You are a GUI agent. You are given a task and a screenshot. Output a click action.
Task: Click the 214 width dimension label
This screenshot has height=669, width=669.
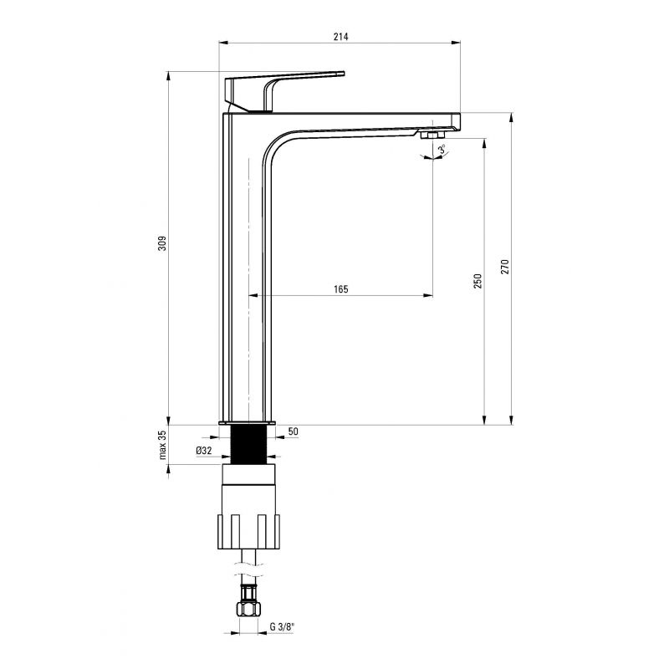pos(340,37)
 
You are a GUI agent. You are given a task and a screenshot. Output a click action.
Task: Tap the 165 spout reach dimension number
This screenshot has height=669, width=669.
pos(341,289)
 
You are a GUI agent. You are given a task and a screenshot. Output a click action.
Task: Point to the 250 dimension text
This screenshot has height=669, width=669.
pos(477,281)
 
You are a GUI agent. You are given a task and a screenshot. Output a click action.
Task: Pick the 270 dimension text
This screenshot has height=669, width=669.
pos(505,266)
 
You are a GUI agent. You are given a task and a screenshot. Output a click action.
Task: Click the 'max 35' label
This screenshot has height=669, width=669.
pos(162,445)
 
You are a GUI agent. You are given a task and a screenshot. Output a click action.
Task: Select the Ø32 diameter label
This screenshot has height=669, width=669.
pos(204,450)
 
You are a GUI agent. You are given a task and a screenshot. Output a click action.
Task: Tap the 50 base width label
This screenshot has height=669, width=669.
pos(294,432)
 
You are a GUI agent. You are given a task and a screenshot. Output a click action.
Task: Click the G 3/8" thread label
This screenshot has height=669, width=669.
pos(282,626)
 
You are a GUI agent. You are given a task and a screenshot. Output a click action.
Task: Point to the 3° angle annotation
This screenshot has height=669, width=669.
pos(442,150)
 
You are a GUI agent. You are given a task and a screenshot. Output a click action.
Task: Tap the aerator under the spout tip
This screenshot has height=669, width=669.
pos(432,135)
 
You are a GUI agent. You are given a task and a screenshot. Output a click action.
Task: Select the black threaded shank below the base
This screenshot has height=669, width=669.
pos(248,445)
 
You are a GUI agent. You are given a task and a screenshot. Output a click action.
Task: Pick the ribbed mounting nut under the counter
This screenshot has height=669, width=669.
pos(248,532)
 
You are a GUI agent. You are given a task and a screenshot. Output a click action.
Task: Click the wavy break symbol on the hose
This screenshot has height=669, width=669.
pos(248,569)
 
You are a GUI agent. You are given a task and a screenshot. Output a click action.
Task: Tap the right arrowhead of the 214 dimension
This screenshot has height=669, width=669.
pos(457,43)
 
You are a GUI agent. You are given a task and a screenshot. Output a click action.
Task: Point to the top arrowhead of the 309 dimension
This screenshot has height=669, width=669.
pos(169,76)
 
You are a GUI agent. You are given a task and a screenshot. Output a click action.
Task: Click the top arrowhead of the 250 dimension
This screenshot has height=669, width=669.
pos(484,143)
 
